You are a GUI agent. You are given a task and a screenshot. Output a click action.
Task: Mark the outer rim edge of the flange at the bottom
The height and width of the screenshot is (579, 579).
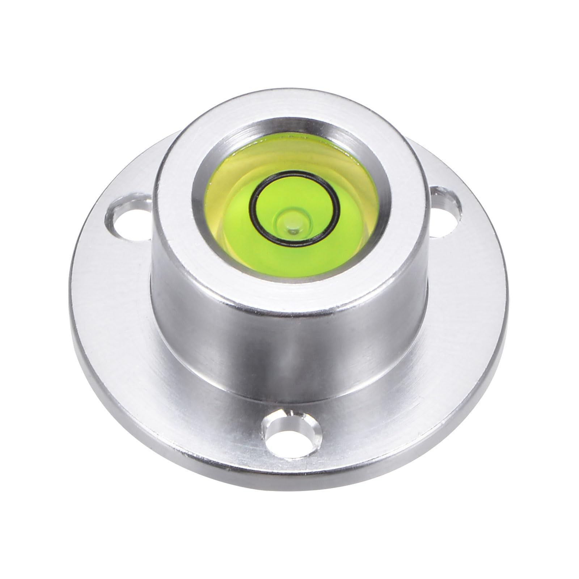pyautogui.click(x=289, y=499)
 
